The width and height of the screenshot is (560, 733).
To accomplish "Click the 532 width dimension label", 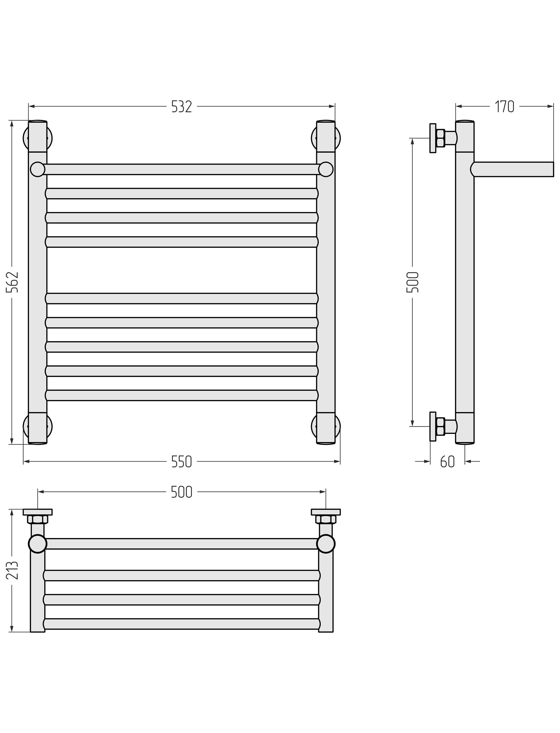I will tap(181, 107).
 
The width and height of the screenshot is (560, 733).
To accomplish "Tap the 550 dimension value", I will tap(181, 462).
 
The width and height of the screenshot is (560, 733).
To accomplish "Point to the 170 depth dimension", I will tap(504, 107).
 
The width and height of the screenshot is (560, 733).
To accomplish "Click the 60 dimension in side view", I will tap(447, 462).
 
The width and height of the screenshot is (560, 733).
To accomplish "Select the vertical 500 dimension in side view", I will tap(412, 282).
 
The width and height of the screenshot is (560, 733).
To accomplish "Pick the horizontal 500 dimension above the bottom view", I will tap(181, 492).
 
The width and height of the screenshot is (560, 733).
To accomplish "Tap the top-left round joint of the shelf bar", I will tap(38, 170).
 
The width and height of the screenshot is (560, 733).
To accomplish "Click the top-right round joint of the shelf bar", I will tap(326, 170).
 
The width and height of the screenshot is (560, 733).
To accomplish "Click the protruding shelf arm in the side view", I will tap(513, 170).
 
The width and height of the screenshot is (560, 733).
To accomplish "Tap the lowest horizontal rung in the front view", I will tap(181, 395).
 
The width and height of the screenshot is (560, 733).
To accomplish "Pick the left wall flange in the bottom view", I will tap(38, 512).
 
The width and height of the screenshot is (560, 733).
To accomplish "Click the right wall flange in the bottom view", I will tap(326, 512).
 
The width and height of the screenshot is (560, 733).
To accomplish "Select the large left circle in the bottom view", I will tap(38, 544).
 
